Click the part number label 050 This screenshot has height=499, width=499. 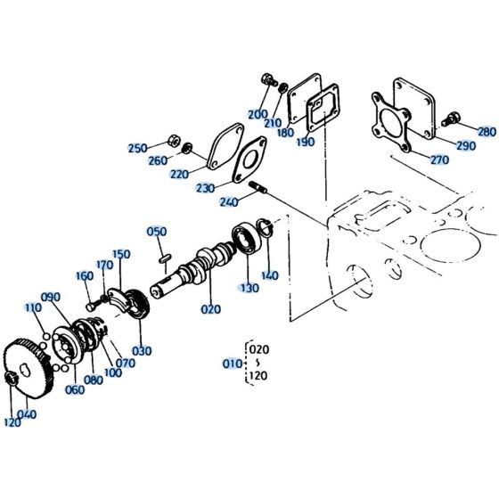157,232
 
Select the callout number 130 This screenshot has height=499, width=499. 250,288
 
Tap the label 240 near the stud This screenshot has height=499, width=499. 228,201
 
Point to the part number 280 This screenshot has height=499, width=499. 487,132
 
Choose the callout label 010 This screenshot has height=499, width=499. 231,364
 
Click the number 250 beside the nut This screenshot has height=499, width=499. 137,148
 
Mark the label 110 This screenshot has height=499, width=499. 33,307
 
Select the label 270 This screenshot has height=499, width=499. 439,160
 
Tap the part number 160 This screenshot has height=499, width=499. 85,276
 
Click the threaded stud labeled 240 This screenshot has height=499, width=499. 259,188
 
